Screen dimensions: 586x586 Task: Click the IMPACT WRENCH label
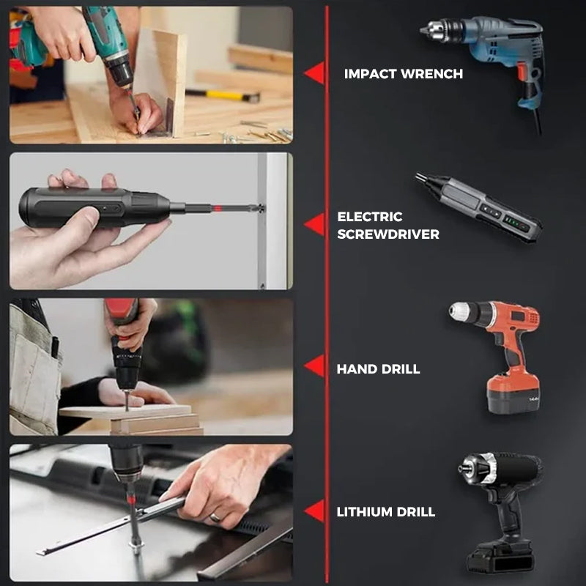pos(403,74)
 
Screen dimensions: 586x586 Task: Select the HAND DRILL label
pos(378,369)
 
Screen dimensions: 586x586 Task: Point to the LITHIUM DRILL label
pos(385,512)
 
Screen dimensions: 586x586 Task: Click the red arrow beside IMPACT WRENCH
pos(315,73)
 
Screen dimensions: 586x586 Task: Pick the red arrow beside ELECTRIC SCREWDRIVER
pos(315,224)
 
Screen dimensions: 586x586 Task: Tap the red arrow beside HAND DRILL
pos(315,366)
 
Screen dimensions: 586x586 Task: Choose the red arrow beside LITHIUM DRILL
pos(315,511)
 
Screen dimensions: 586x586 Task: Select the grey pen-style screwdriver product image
pos(480,208)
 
